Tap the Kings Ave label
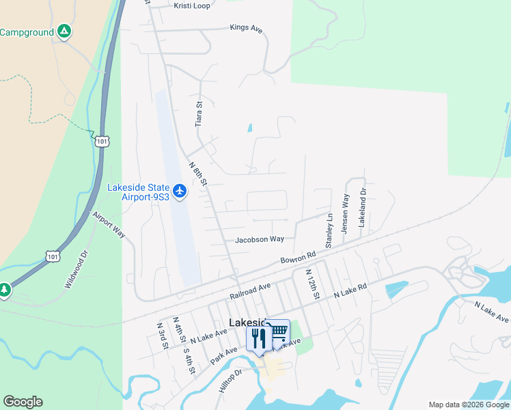point(246,29)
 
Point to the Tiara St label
point(199,114)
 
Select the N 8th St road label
point(197,172)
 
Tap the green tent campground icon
point(64,31)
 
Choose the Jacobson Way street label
point(260,240)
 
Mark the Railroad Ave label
point(251,290)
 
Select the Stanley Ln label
point(329,231)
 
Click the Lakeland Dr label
point(363,208)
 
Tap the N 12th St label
point(314,284)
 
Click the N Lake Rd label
point(350,292)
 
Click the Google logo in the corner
point(23,402)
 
